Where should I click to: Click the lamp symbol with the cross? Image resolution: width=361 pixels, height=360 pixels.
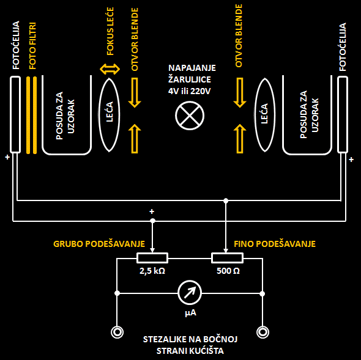point(190,116)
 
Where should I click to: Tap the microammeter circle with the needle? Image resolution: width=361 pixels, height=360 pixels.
point(190,293)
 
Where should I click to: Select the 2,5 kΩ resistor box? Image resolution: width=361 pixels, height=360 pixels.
point(152,258)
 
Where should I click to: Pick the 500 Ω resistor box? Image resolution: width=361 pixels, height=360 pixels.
point(227,258)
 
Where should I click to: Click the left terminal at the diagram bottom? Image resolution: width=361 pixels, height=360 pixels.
point(117,332)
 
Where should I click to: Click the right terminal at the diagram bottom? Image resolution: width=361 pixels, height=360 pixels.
point(262,332)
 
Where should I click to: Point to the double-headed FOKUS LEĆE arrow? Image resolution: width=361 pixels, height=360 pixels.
point(110,69)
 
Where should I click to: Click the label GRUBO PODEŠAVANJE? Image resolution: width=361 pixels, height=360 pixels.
point(99,244)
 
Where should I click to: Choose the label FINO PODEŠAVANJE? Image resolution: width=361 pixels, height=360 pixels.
point(275,244)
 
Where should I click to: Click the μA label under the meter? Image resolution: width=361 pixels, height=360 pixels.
point(190,312)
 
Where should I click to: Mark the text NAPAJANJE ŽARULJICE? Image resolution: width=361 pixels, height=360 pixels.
point(192,73)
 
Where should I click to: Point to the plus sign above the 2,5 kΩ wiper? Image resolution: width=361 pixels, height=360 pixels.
point(152,211)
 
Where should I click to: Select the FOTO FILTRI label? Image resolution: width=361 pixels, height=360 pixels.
point(32,46)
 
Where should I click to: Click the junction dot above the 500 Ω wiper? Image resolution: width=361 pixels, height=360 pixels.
point(226,201)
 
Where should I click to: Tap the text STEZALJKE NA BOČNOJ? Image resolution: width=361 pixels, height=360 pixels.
point(190,339)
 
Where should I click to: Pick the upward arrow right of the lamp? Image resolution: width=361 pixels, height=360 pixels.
point(240,139)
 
